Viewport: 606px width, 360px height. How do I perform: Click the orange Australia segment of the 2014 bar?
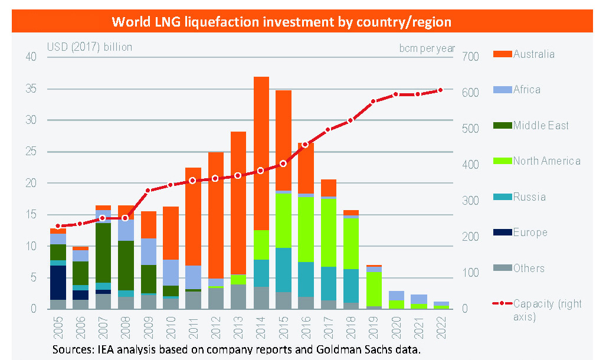pyautogui.click(x=261, y=153)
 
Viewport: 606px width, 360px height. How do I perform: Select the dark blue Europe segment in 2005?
pyautogui.click(x=58, y=283)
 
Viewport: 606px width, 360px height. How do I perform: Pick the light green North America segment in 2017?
pyautogui.click(x=329, y=233)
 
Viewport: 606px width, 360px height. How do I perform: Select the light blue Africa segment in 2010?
pyautogui.click(x=171, y=273)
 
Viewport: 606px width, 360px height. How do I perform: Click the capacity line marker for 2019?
pyautogui.click(x=374, y=102)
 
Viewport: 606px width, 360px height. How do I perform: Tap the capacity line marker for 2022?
pyautogui.click(x=441, y=90)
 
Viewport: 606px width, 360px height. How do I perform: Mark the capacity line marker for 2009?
pyautogui.click(x=148, y=191)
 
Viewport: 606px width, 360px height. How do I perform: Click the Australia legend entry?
pyautogui.click(x=533, y=54)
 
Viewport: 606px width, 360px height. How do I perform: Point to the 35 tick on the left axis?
pyautogui.click(x=31, y=89)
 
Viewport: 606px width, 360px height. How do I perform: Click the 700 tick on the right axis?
pyautogui.click(x=463, y=57)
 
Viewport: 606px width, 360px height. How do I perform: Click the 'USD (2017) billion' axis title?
pyautogui.click(x=90, y=47)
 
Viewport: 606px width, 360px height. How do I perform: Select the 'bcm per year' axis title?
pyautogui.click(x=427, y=48)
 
